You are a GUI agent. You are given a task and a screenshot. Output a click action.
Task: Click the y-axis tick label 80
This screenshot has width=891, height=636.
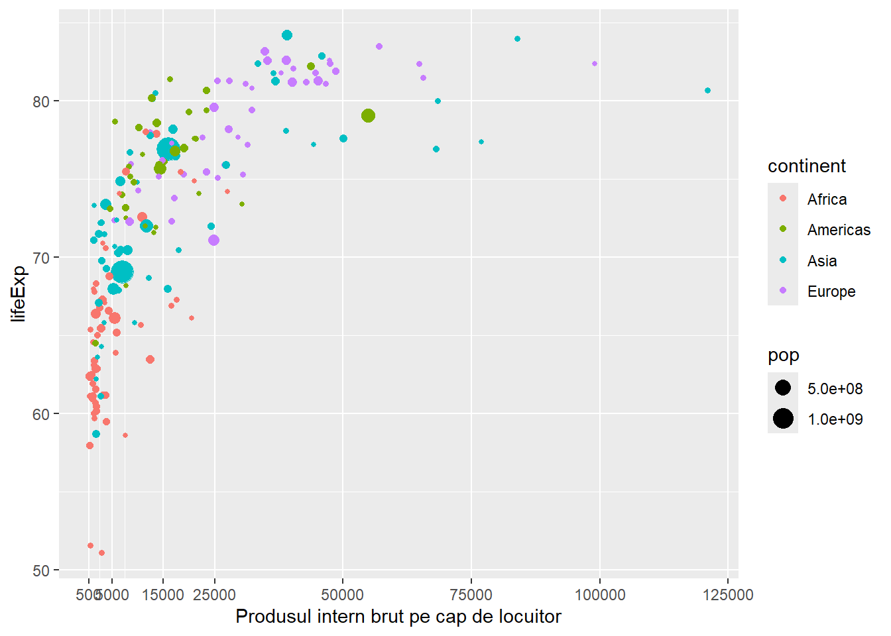(42, 101)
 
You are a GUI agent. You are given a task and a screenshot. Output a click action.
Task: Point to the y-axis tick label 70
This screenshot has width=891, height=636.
(42, 258)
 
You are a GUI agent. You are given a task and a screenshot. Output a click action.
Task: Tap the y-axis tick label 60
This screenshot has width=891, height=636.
(42, 414)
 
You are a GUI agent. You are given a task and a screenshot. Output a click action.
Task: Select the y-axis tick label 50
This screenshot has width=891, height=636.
(42, 570)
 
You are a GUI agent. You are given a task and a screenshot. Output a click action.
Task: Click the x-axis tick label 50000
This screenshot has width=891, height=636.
(343, 595)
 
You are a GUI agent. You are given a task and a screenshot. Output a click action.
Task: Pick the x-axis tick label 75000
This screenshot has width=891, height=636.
(471, 595)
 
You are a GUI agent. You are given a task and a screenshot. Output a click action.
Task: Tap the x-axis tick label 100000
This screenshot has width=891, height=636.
(599, 595)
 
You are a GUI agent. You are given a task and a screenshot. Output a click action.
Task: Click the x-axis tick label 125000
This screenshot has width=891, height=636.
(728, 595)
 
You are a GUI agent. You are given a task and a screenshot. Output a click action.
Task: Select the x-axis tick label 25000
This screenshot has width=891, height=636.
(214, 595)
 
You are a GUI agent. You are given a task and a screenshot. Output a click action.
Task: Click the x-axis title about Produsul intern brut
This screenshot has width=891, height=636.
(398, 617)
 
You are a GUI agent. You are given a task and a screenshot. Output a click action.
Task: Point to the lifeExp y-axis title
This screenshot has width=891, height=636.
(19, 293)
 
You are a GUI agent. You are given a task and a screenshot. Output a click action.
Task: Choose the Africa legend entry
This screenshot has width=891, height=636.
(827, 199)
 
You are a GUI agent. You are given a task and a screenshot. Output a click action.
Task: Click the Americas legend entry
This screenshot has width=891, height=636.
(839, 230)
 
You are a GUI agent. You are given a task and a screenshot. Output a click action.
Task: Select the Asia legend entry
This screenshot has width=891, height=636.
(822, 261)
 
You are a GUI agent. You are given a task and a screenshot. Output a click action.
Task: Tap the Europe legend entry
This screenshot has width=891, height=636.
(831, 291)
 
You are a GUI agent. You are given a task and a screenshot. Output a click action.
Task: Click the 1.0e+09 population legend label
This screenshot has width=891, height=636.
(835, 419)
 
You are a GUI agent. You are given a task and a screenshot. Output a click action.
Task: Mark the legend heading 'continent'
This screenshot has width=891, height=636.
(807, 166)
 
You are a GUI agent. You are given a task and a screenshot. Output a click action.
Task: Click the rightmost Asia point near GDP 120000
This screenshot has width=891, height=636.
(707, 91)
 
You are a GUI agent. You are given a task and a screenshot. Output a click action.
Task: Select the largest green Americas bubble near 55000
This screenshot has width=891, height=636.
(369, 116)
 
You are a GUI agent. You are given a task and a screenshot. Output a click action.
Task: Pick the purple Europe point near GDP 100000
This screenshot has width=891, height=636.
(595, 64)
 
